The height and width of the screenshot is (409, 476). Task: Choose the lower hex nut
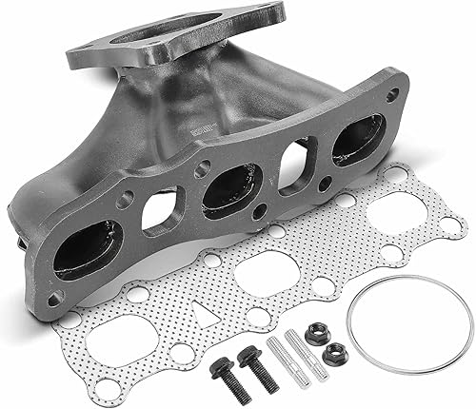coord(333,356)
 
